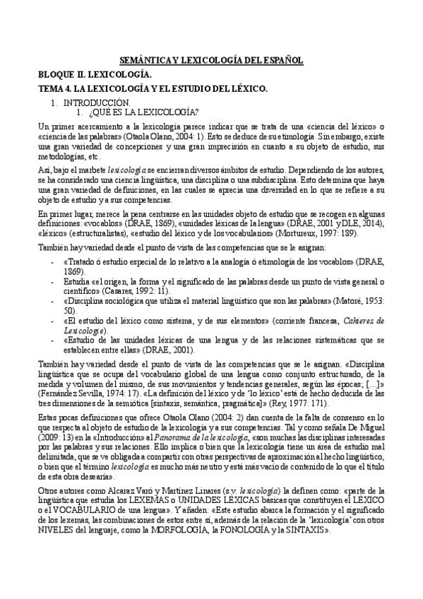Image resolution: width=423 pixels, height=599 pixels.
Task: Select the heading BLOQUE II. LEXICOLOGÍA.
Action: point(94,75)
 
